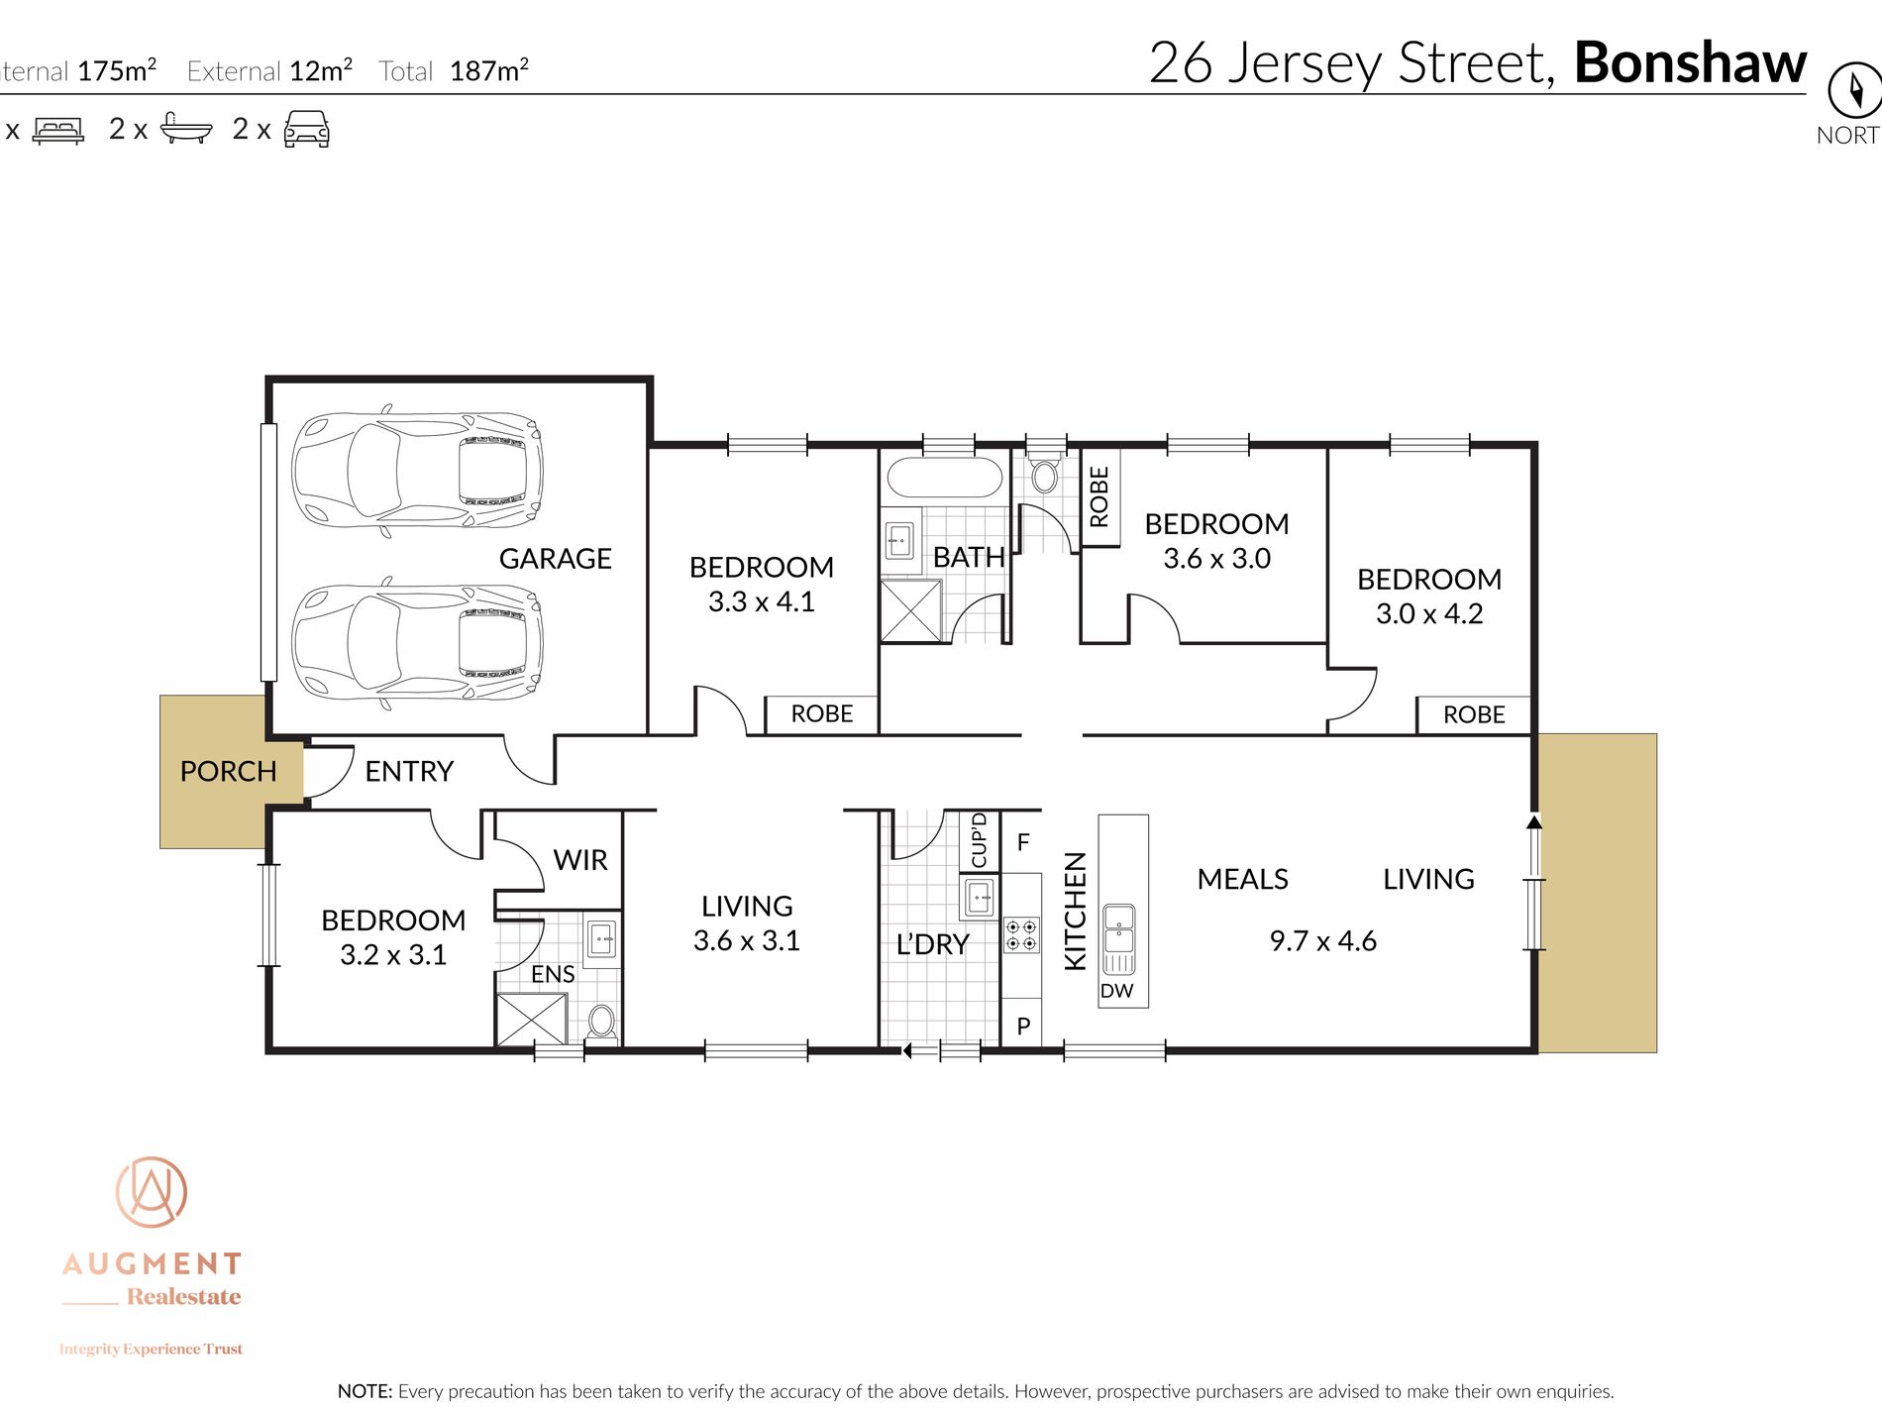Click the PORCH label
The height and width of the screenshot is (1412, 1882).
coord(228,771)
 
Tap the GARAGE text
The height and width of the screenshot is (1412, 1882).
coord(555,559)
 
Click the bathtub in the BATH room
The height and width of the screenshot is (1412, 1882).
coord(945,478)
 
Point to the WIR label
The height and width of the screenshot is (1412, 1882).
coord(580,860)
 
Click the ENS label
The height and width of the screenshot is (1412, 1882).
coord(553,974)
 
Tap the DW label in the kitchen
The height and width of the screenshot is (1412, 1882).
coord(1116,991)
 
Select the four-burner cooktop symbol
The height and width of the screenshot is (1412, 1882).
coord(1021,935)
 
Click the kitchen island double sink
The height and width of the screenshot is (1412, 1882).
coord(1119,938)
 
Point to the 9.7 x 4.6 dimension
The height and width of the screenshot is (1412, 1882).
coord(1322,940)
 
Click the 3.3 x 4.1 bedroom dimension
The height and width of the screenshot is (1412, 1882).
coord(761,601)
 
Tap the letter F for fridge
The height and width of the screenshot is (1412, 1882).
coord(1023,842)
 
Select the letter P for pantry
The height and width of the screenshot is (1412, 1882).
coord(1023,1027)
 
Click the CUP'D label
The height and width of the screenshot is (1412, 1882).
coord(979,840)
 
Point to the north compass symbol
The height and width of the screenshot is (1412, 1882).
coord(1853,91)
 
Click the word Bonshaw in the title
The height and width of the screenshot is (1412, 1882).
coord(1690,62)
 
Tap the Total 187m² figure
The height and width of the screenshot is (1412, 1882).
coord(488,71)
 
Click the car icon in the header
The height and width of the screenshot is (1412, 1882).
coord(306,129)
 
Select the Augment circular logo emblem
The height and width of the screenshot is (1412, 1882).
coord(151,1192)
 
